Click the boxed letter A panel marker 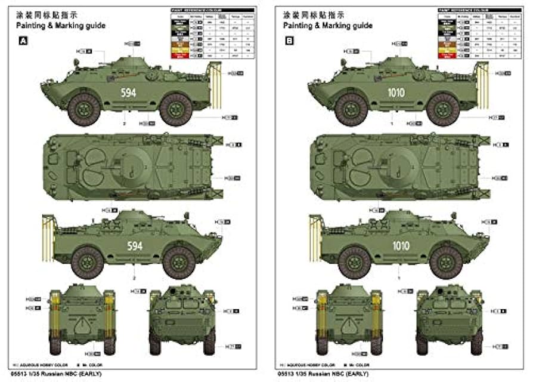[x=23, y=41]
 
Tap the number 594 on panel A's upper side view [x=128, y=93]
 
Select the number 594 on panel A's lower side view [x=137, y=245]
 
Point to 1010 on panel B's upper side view [x=395, y=93]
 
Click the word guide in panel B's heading [x=362, y=26]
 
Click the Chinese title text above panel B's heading [x=307, y=14]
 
